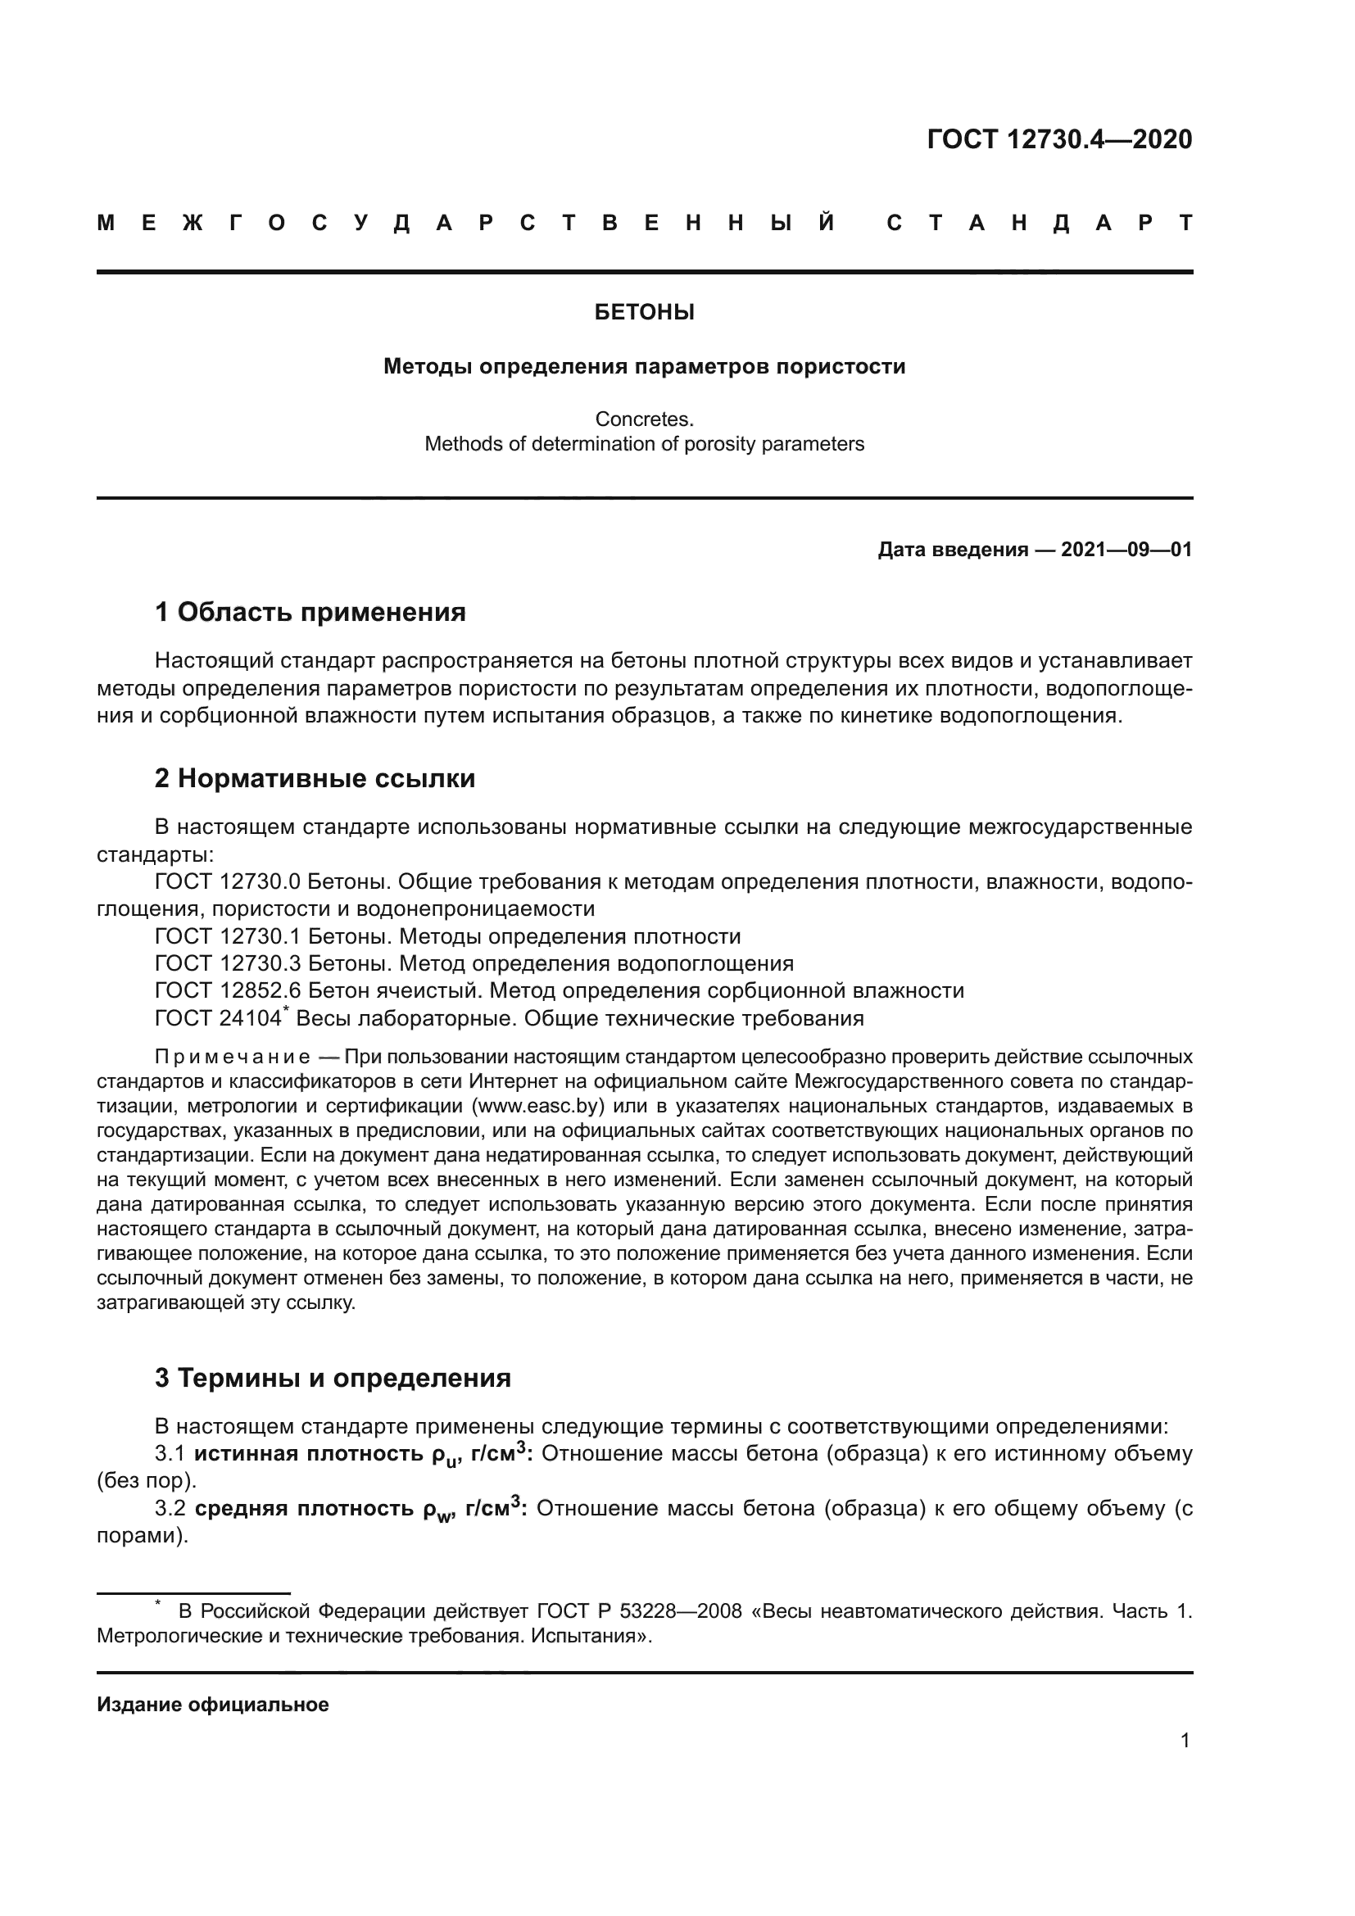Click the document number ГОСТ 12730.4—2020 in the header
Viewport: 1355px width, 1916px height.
[1058, 139]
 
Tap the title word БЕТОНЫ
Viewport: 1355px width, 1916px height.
[644, 313]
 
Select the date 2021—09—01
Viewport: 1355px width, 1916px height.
[1126, 550]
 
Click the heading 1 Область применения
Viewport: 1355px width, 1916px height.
[310, 613]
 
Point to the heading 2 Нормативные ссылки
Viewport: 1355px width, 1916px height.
[315, 778]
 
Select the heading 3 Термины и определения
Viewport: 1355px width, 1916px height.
[332, 1378]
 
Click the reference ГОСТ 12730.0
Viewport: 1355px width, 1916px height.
[227, 882]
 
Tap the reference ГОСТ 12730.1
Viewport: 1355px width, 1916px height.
[227, 936]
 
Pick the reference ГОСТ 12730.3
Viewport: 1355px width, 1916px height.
[227, 964]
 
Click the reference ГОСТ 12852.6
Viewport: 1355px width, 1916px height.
[227, 991]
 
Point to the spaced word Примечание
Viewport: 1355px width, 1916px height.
[233, 1058]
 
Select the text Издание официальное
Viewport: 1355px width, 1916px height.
[213, 1705]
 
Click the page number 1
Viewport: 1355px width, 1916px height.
[1185, 1741]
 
